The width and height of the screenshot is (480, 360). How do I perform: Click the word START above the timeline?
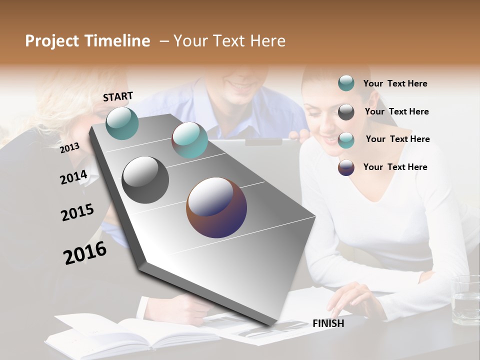click(118, 96)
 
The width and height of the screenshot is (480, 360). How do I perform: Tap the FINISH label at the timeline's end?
click(328, 323)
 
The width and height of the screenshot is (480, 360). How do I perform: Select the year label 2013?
click(69, 148)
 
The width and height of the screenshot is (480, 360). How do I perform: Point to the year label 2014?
click(73, 177)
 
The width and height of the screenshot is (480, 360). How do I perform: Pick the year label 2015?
click(77, 212)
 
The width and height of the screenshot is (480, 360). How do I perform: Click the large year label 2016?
click(85, 253)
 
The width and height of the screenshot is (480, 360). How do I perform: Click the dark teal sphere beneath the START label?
click(122, 123)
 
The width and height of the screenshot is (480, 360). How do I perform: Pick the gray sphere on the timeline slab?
click(145, 180)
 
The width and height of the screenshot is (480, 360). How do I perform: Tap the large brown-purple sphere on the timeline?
click(216, 207)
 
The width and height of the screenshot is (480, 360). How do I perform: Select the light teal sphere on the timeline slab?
click(189, 140)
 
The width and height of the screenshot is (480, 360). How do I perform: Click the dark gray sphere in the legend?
click(346, 112)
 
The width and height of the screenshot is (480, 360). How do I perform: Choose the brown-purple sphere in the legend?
click(346, 167)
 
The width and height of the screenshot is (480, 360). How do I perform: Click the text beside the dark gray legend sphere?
click(396, 111)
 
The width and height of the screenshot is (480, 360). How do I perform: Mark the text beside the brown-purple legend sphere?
click(395, 167)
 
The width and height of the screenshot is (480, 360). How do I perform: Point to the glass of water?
click(464, 300)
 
